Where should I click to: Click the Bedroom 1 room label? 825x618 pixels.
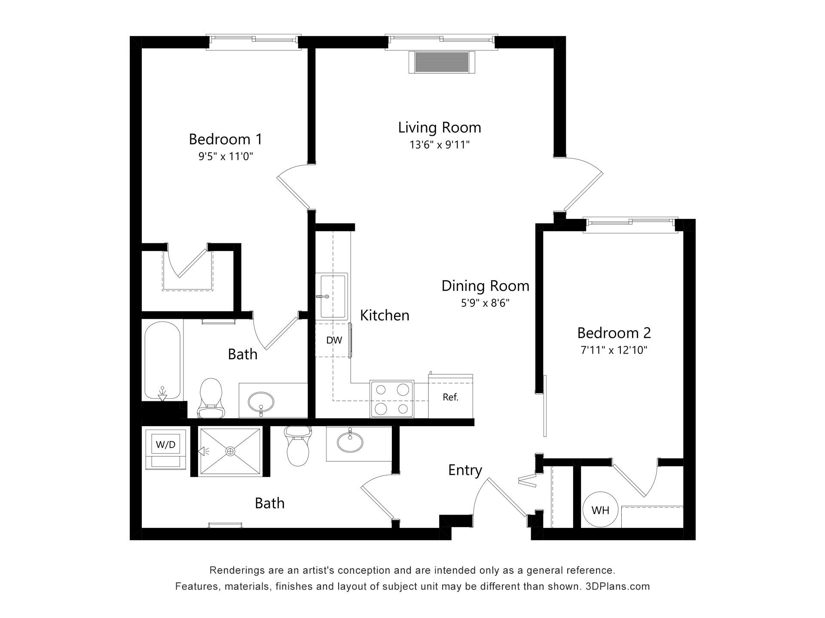click(225, 139)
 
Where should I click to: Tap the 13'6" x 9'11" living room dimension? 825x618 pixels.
click(440, 145)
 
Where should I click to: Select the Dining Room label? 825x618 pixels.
click(485, 286)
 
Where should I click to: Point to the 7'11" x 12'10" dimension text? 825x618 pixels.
click(614, 350)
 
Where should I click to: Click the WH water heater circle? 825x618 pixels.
click(600, 510)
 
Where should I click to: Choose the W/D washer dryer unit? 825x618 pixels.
click(166, 449)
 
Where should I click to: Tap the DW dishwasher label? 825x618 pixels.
click(334, 340)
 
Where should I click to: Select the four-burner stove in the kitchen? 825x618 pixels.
click(392, 399)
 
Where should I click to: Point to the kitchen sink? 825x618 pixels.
click(332, 296)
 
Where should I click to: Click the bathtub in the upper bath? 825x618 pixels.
click(162, 361)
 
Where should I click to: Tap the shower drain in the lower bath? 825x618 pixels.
click(231, 451)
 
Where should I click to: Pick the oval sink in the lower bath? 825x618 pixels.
click(349, 442)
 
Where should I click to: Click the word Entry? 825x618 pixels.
click(465, 470)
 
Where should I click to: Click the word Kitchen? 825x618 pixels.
click(385, 315)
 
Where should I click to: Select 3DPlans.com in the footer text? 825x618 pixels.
click(617, 586)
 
